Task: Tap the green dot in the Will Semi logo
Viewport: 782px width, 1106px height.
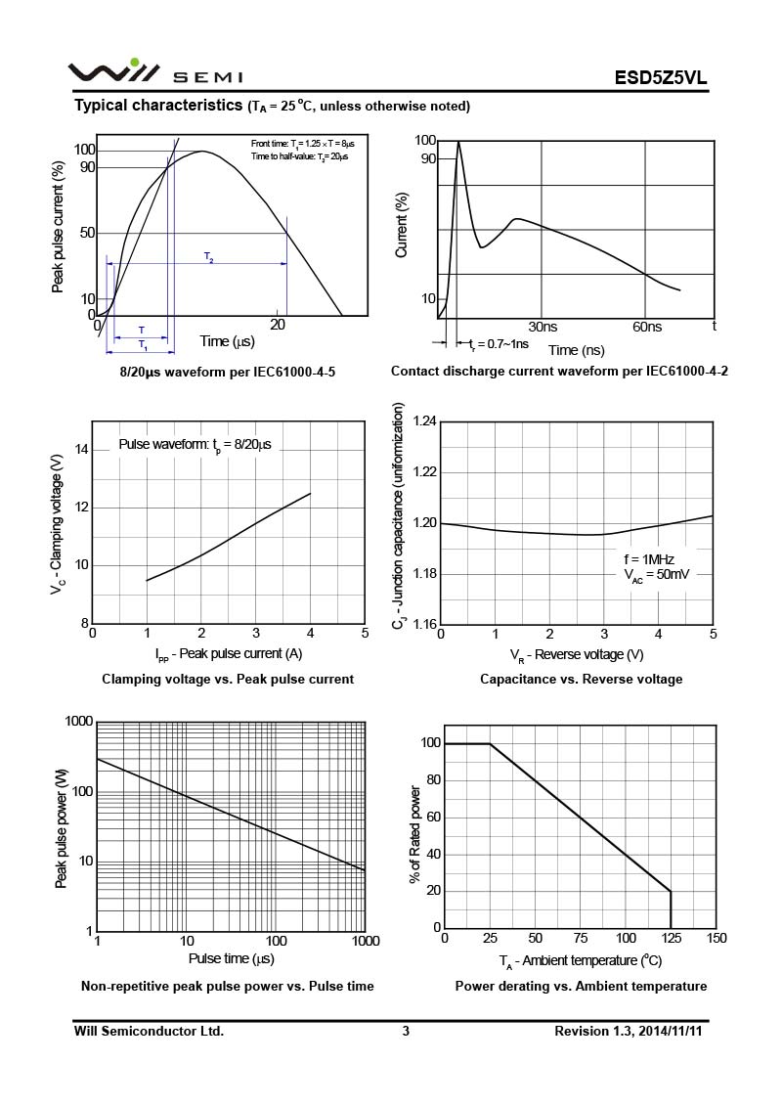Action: click(134, 63)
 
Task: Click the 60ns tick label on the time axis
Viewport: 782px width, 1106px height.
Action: click(646, 327)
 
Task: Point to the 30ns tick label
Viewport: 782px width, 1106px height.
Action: click(543, 327)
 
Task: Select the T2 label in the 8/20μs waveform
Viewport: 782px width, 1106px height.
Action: click(209, 257)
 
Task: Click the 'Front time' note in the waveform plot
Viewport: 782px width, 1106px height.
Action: click(309, 144)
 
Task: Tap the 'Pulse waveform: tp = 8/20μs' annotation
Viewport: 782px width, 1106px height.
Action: click(195, 445)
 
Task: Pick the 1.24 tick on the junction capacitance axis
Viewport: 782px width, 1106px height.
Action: click(424, 421)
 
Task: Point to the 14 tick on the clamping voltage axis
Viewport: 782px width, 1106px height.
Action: click(81, 450)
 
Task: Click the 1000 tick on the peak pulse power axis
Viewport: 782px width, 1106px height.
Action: click(78, 722)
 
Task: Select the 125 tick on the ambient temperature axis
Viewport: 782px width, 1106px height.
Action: click(671, 939)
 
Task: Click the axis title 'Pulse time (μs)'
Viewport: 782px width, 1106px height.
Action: click(232, 958)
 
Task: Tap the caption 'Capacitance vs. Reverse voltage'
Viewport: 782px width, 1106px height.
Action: click(581, 679)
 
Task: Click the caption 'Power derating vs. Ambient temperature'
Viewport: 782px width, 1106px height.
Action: click(581, 986)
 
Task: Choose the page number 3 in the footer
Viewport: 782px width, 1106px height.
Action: click(406, 1031)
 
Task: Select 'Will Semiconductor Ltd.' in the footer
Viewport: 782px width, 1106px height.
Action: click(149, 1031)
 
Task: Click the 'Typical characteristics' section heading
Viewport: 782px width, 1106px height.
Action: click(158, 105)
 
